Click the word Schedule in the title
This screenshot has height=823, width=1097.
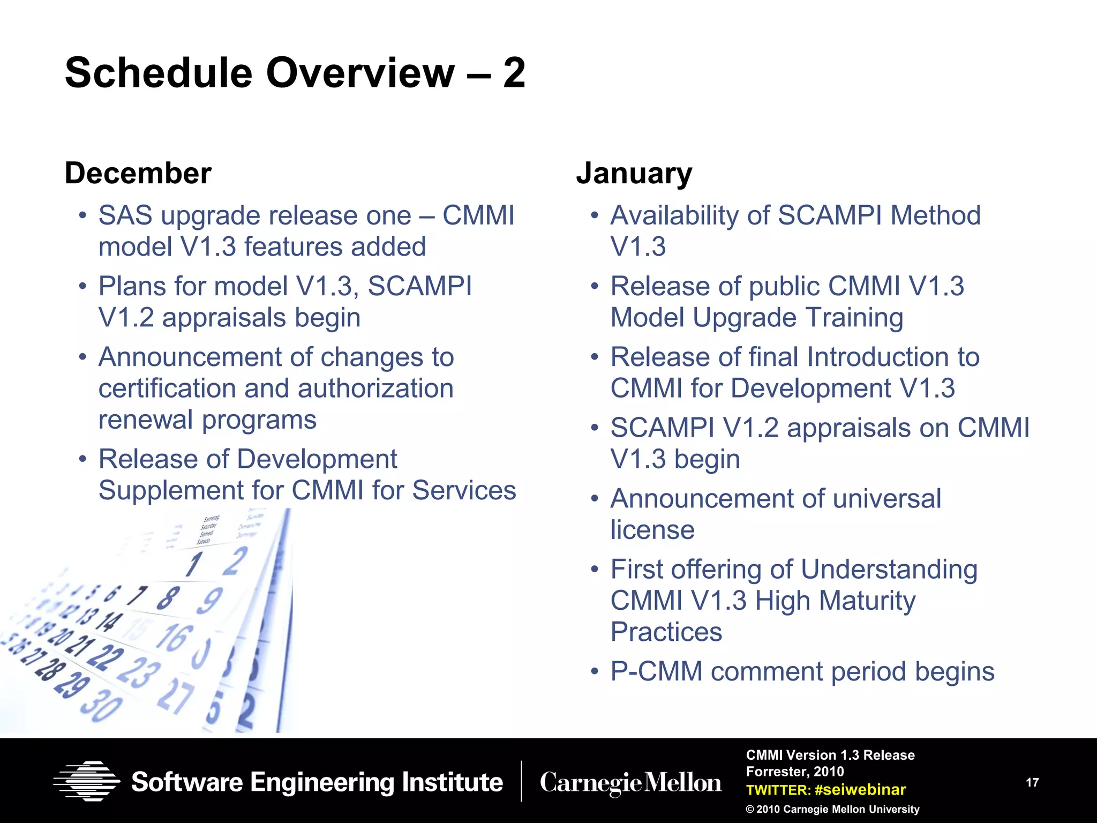pyautogui.click(x=159, y=73)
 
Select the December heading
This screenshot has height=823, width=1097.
pyautogui.click(x=138, y=174)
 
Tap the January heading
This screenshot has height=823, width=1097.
pyautogui.click(x=634, y=174)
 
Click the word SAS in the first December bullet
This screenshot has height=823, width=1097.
pyautogui.click(x=125, y=215)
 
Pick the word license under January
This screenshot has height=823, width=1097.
pyautogui.click(x=652, y=529)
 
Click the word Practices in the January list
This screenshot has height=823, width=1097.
pyautogui.click(x=666, y=632)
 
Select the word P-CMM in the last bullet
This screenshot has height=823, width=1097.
pyautogui.click(x=656, y=671)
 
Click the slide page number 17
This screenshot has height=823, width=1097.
pyautogui.click(x=1032, y=782)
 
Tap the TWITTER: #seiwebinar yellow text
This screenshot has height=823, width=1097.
pyautogui.click(x=825, y=790)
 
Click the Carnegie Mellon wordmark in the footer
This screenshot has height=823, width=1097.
pyautogui.click(x=630, y=783)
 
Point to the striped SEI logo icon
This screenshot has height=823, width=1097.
pyautogui.click(x=86, y=781)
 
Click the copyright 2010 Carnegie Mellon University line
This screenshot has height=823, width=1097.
pyautogui.click(x=832, y=809)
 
